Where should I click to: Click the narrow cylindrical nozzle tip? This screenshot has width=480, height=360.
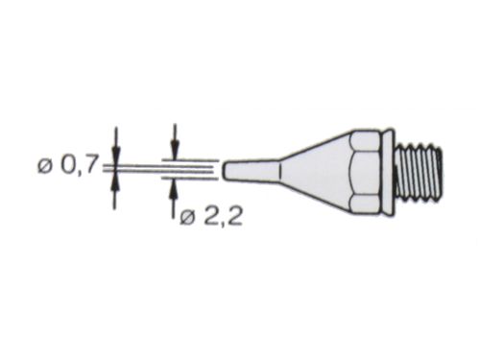click(x=252, y=169)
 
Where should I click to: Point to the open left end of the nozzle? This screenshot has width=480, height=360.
click(x=226, y=169)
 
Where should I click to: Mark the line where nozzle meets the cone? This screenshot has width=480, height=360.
click(x=279, y=169)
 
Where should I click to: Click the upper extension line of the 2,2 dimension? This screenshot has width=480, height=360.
click(x=192, y=159)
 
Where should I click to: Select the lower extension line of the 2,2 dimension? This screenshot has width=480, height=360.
click(x=192, y=179)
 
